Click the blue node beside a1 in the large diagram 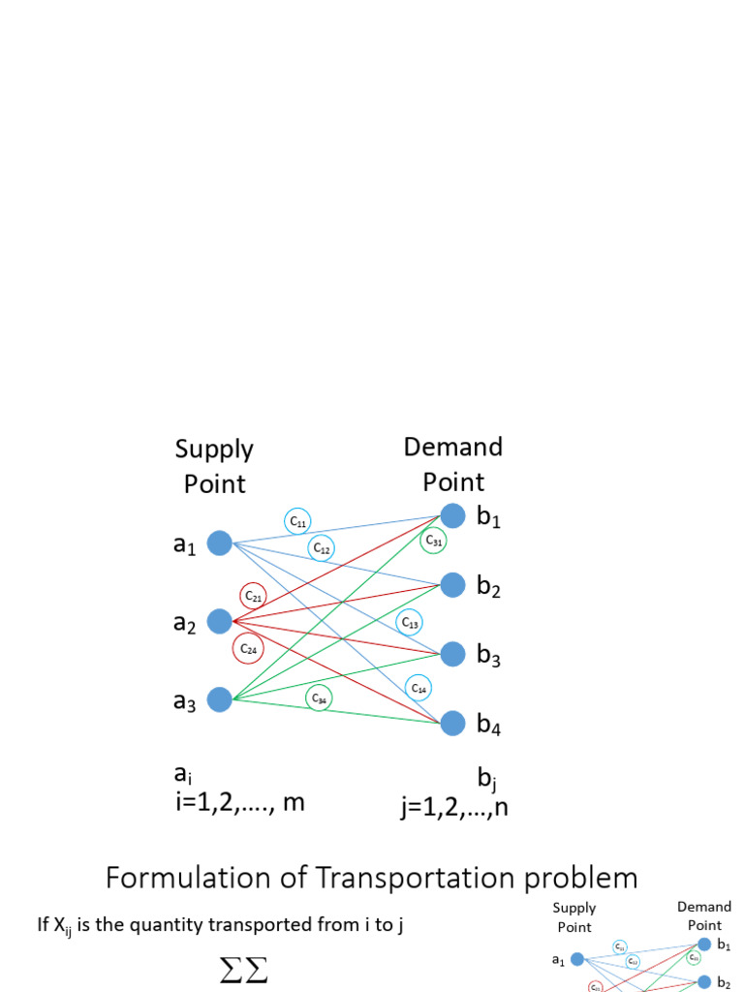click(x=220, y=543)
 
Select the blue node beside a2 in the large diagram click(x=220, y=621)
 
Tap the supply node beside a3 click(x=220, y=699)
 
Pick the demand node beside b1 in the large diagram click(x=452, y=515)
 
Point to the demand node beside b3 click(x=452, y=654)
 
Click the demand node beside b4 click(x=452, y=723)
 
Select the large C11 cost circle click(x=297, y=521)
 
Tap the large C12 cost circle click(x=322, y=548)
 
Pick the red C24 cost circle click(x=247, y=649)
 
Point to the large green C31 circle click(x=433, y=541)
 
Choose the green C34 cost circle click(x=319, y=697)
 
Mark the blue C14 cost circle click(x=418, y=688)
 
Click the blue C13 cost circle click(x=409, y=622)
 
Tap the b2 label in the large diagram click(x=488, y=587)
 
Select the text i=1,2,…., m click(x=240, y=802)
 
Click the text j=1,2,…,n click(x=454, y=806)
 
